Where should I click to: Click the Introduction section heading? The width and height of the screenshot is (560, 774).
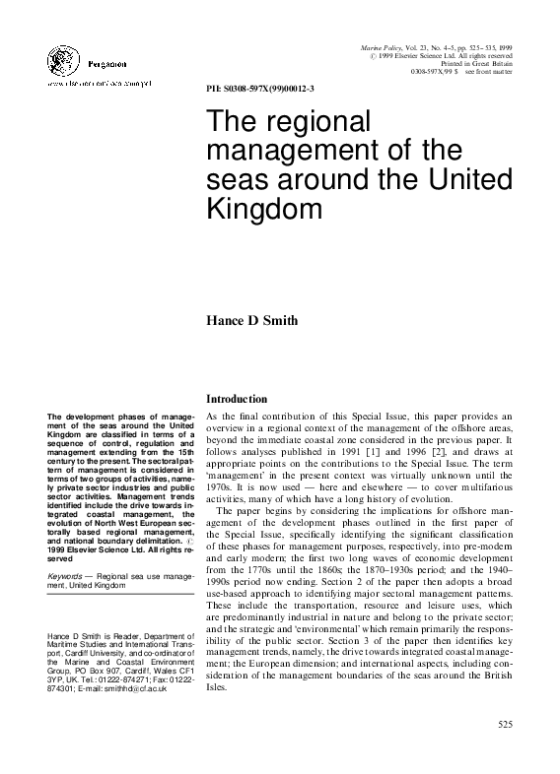[236, 399]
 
